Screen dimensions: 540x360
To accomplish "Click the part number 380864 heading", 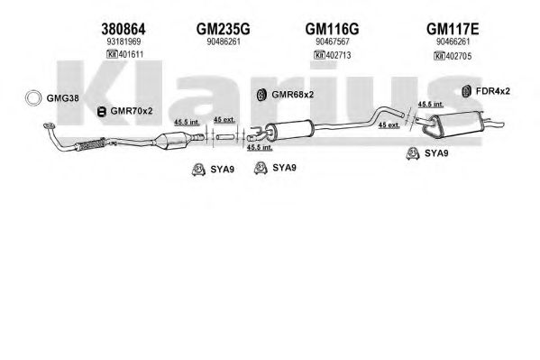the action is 124,29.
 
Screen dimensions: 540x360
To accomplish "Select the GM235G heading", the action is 224,29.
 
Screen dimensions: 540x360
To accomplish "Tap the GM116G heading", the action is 332,29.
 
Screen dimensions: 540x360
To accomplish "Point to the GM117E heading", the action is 453,29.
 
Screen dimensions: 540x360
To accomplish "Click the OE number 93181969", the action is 124,42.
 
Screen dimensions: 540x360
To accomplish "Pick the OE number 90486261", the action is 224,42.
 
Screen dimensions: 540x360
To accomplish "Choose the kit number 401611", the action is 131,54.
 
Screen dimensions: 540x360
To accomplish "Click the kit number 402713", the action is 338,55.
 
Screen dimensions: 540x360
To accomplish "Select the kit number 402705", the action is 459,56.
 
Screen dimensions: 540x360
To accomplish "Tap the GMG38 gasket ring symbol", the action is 32,98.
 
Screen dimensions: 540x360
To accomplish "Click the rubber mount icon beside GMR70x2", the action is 101,111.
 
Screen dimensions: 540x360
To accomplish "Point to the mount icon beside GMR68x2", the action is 262,95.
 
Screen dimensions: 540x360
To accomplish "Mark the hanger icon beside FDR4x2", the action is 467,91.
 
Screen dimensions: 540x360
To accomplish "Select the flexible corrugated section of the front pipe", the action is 90,144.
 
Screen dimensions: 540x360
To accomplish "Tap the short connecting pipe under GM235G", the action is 225,137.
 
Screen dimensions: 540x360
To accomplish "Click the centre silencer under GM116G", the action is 290,131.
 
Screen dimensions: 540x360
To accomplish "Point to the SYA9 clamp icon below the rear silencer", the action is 412,153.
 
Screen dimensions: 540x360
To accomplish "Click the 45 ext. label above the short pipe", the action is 224,120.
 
